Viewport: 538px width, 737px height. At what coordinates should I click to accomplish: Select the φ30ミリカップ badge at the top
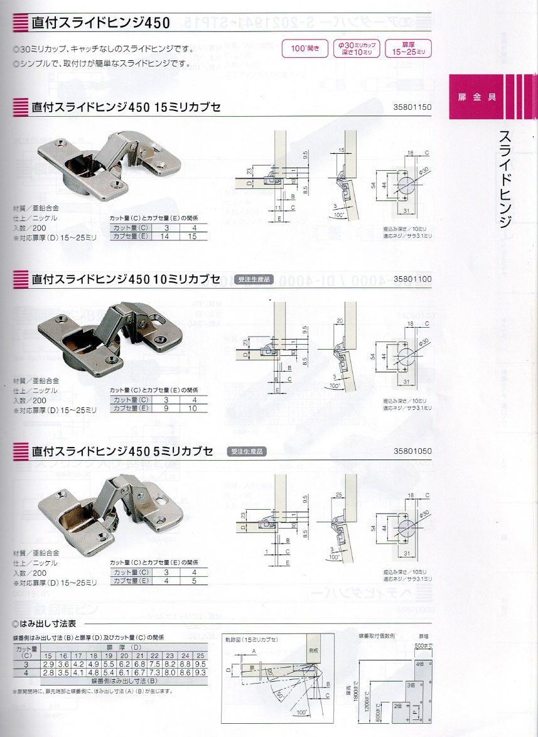coord(356,48)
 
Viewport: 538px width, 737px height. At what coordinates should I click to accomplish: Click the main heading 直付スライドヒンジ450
coord(100,24)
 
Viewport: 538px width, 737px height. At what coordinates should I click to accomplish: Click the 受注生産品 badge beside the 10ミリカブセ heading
coord(256,279)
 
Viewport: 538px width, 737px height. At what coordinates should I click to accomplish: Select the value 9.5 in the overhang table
coord(200,664)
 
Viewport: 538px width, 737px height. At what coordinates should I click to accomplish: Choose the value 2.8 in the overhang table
coord(48,672)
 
